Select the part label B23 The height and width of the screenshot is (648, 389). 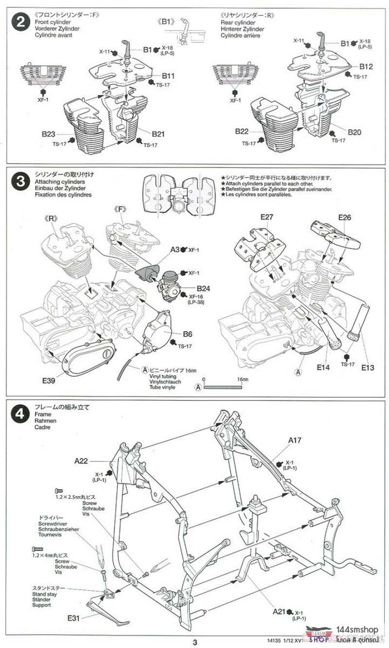pos(48,133)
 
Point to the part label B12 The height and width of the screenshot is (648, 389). pos(367,66)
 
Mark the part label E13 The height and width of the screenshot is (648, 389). pos(368,368)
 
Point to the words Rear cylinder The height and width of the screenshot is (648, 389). pos(238,22)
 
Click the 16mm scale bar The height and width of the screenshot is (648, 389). pos(223,388)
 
